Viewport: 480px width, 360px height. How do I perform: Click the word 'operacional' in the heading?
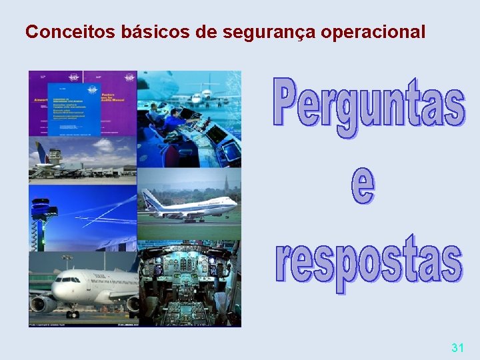coord(375,32)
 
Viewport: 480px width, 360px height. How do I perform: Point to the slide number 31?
coord(457,347)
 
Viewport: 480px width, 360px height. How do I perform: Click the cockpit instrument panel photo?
coord(189,287)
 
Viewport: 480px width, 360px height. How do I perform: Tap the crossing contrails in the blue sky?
coord(100,213)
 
